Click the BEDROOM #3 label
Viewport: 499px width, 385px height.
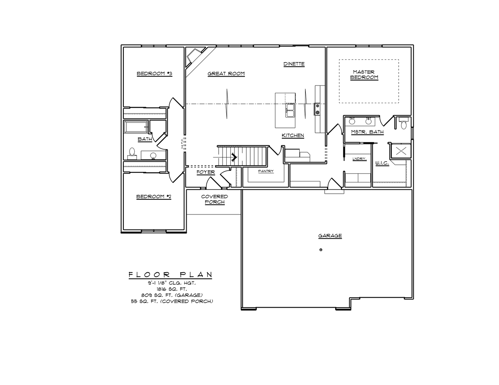point(154,74)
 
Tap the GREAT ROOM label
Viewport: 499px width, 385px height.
point(226,74)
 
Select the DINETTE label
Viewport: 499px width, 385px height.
point(294,64)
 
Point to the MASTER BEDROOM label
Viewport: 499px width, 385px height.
point(364,75)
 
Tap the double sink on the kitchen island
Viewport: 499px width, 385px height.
point(290,110)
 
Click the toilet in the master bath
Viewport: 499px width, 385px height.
point(404,124)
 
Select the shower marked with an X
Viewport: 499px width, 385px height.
point(401,151)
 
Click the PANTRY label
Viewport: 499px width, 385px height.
point(266,171)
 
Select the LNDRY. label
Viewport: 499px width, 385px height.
point(359,159)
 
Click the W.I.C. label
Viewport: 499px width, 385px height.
point(382,163)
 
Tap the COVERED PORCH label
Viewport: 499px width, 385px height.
point(214,199)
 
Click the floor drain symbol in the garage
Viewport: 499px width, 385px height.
point(321,250)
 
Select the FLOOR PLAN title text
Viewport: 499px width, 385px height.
point(170,275)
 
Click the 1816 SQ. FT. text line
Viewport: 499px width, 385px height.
point(172,288)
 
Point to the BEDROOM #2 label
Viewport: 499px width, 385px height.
point(153,197)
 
